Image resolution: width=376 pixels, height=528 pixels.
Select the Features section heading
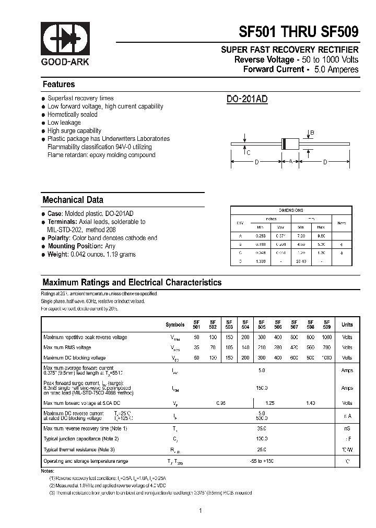coord(58,85)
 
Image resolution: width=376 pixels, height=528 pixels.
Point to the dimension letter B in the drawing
coord(312,133)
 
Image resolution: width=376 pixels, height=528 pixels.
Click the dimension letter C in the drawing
coord(248,152)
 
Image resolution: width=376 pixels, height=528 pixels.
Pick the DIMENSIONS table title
coord(291,210)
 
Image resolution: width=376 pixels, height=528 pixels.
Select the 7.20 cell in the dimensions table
coord(301,236)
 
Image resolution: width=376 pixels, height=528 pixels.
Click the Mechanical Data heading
coord(73,200)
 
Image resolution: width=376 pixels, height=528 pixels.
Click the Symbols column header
coord(175,325)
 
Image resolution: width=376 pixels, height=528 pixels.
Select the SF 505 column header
coord(262,325)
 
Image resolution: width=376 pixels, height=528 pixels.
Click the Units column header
coord(347,325)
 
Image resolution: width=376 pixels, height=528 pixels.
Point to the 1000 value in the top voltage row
coord(327,338)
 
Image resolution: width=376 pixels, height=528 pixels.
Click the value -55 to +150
coord(262,461)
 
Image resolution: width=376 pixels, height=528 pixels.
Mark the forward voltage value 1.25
coord(270,403)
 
